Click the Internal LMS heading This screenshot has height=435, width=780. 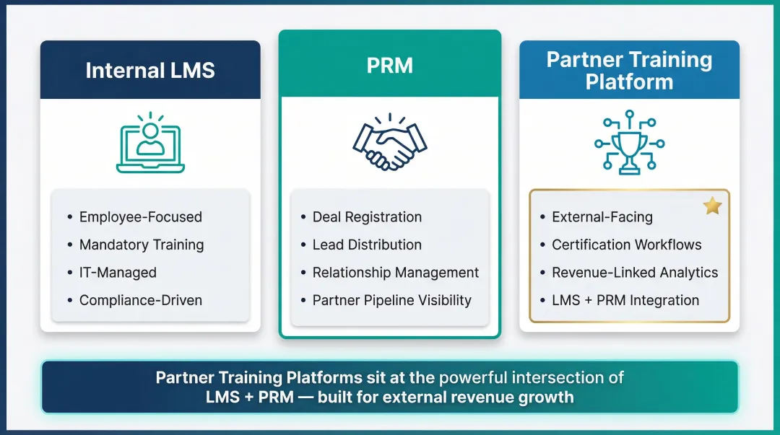(150, 70)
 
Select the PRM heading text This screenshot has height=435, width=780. (389, 66)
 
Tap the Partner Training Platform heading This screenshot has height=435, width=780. (629, 70)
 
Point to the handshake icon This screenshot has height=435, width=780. (389, 141)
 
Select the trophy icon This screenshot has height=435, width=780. (629, 142)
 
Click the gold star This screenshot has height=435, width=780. (712, 206)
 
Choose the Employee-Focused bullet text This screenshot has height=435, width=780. (140, 217)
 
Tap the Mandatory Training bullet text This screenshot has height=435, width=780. (142, 245)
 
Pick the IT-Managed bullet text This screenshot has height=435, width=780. (118, 273)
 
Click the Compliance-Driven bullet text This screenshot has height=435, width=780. (140, 300)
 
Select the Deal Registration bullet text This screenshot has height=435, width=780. (367, 217)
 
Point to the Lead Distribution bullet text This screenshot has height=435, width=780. (367, 245)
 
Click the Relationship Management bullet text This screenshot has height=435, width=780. (396, 273)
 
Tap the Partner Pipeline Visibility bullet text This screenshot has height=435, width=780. (391, 300)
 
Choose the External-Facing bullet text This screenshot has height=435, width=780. (602, 217)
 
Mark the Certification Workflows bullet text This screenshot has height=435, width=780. (626, 245)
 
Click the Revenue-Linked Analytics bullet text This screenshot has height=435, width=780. (635, 273)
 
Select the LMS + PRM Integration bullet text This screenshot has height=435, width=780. (625, 300)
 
